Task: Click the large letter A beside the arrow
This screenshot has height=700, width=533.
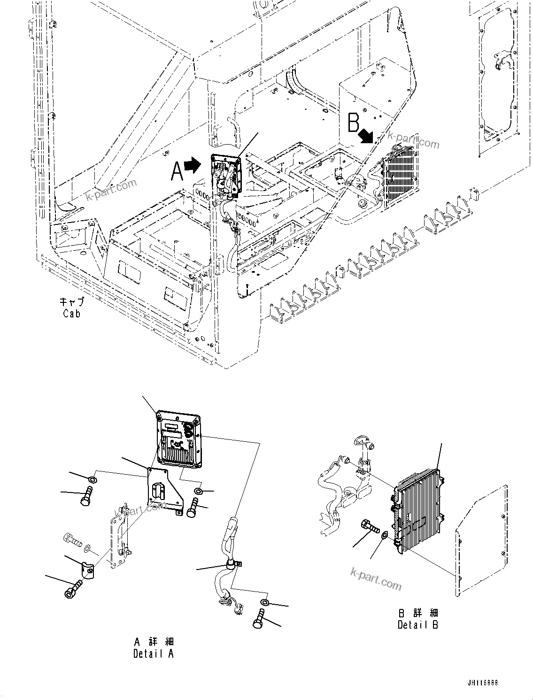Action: tap(177, 170)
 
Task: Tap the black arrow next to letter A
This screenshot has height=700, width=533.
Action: tap(192, 165)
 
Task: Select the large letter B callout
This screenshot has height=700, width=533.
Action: tap(354, 123)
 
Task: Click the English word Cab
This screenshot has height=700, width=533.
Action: tap(71, 313)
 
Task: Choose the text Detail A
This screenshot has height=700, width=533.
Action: tap(153, 654)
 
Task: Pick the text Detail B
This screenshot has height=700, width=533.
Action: tap(417, 625)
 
